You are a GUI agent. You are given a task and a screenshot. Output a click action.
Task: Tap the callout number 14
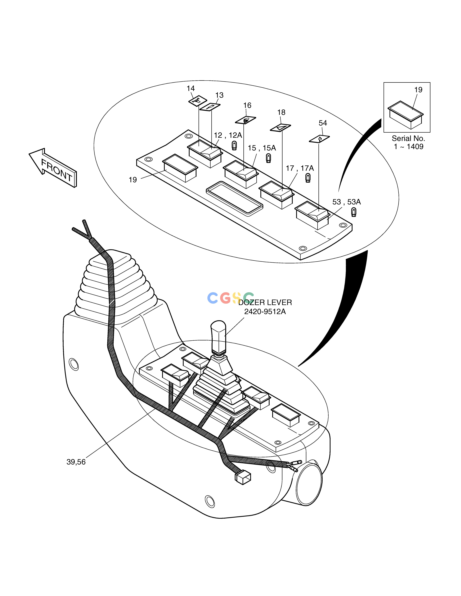coord(191,88)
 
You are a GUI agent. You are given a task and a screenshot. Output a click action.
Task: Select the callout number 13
coord(219,95)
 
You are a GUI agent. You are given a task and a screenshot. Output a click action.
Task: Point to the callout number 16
coord(247,105)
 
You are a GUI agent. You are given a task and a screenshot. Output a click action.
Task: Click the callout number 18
coord(281,112)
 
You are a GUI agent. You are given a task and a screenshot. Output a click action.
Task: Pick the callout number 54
coord(323,123)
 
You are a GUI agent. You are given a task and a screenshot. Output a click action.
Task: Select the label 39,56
coord(76,462)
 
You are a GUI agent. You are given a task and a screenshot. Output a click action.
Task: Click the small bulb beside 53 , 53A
coord(354,212)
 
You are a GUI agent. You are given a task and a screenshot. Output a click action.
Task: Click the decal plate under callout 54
coord(319,139)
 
